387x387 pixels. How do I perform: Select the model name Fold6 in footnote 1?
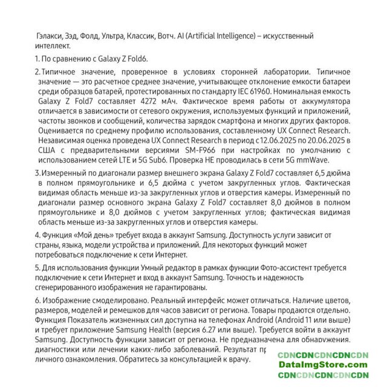click(x=136, y=59)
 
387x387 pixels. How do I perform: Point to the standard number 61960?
click(x=303, y=93)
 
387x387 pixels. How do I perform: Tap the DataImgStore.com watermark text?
click(x=324, y=365)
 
